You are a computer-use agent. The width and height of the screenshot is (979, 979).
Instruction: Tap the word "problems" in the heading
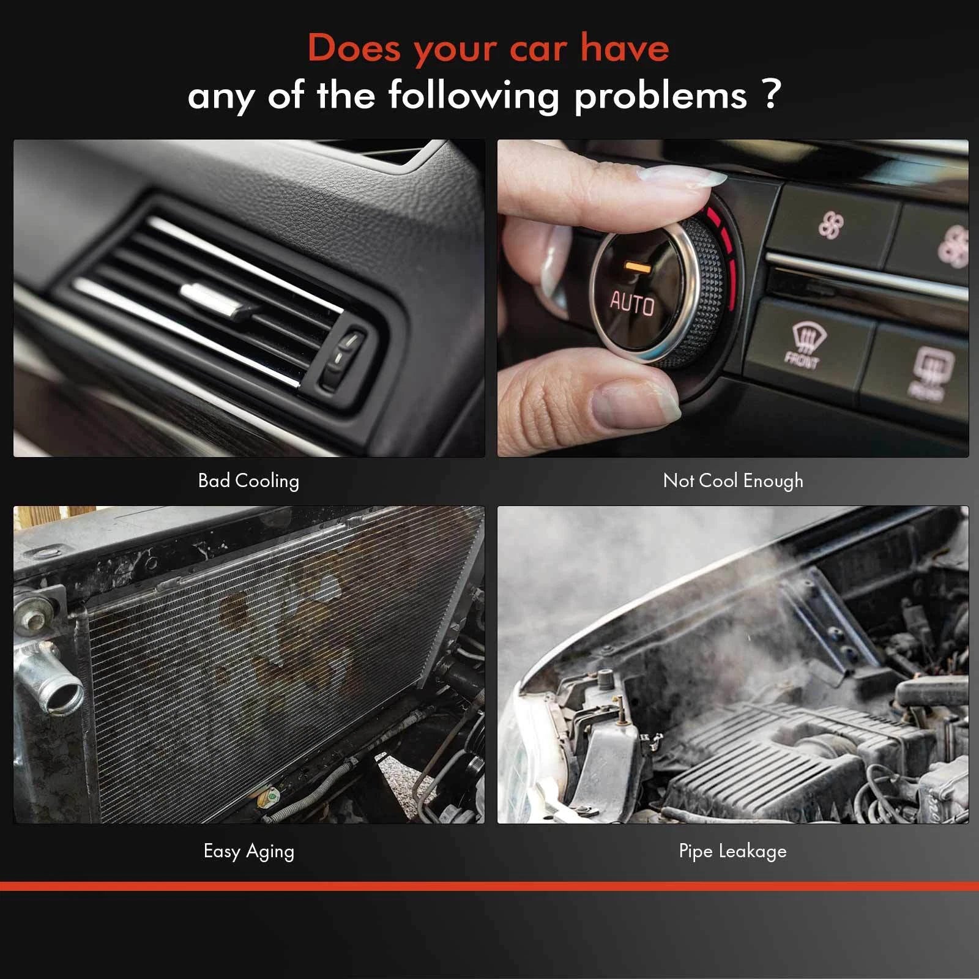click(661, 96)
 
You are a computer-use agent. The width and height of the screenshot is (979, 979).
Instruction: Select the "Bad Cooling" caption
click(248, 481)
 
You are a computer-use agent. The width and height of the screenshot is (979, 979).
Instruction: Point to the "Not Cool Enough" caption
click(733, 481)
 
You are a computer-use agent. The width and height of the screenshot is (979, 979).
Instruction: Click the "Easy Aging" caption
click(249, 851)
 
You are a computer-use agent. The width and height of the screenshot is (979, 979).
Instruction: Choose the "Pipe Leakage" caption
click(733, 851)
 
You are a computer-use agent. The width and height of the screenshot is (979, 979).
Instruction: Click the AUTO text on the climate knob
click(632, 304)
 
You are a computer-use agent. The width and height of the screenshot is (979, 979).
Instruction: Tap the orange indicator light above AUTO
click(638, 267)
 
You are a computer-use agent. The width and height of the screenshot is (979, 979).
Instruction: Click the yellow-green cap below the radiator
click(269, 797)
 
